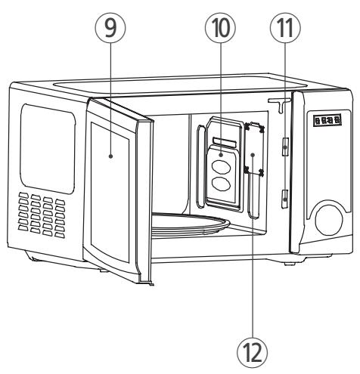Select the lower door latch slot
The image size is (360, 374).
281,199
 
